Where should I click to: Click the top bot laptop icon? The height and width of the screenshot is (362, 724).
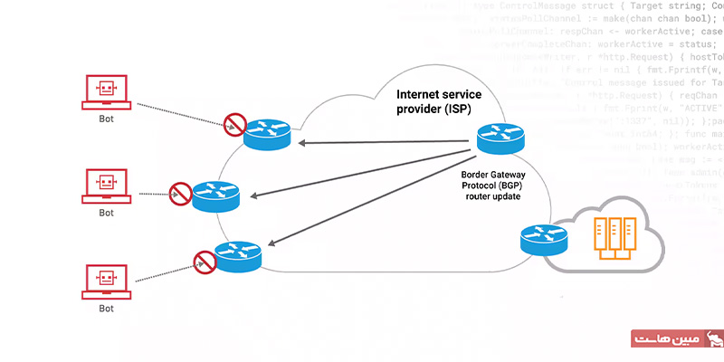tap(106, 90)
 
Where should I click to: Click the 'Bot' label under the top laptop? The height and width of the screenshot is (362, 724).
tap(106, 118)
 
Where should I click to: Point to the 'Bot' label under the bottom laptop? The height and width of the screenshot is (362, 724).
tap(106, 310)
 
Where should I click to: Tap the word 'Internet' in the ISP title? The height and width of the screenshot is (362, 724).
tap(422, 94)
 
